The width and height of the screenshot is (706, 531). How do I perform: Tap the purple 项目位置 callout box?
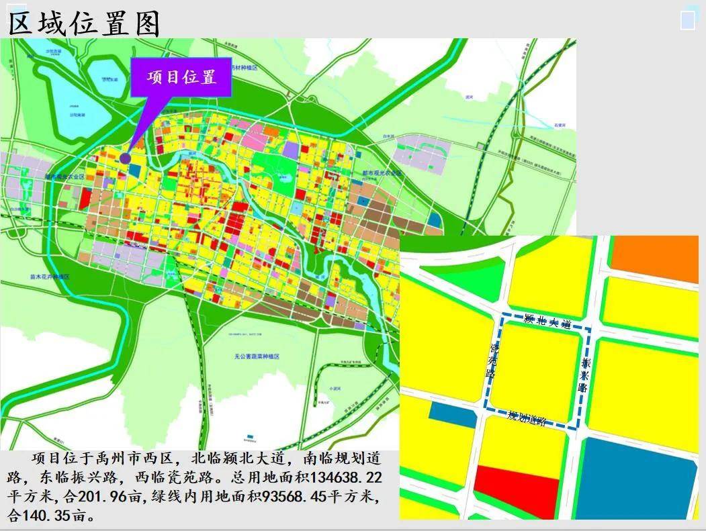pyautogui.click(x=181, y=77)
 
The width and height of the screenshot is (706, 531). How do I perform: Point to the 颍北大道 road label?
pyautogui.click(x=547, y=322)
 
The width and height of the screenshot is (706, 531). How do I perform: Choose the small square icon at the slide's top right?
pyautogui.click(x=687, y=19)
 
